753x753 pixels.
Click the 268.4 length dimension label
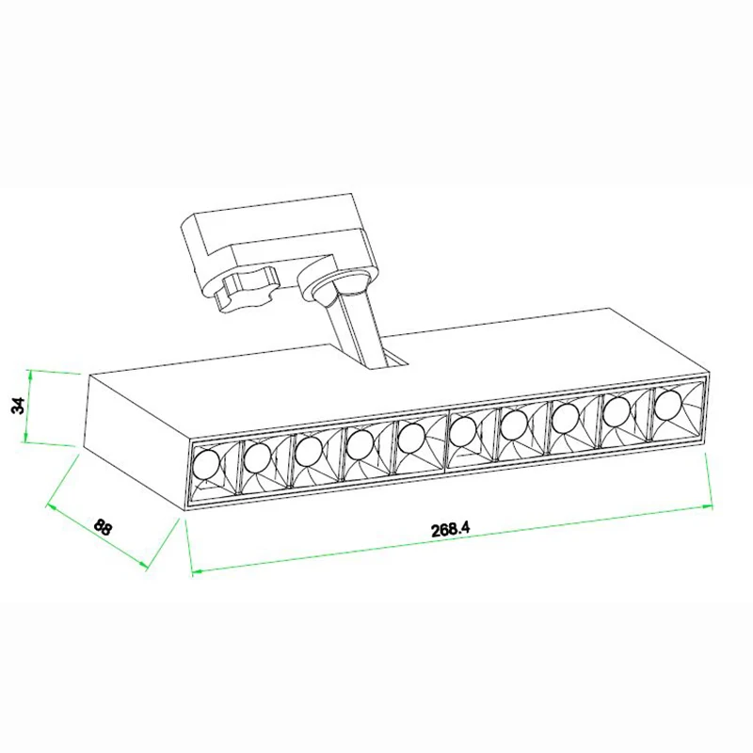450,529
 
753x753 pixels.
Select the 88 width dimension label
103,527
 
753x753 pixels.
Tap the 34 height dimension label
18,406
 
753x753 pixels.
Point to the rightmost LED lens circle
668,406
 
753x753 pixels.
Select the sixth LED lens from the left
463,431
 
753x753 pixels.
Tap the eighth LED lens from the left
566,418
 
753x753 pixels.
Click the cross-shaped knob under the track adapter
246,290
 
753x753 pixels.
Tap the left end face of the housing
136,441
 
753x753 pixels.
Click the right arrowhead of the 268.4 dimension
707,505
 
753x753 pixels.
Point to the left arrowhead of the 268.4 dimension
197,571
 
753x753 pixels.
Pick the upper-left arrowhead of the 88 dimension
52,507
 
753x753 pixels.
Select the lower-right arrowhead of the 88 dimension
143,566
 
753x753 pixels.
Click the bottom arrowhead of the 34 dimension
25,437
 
